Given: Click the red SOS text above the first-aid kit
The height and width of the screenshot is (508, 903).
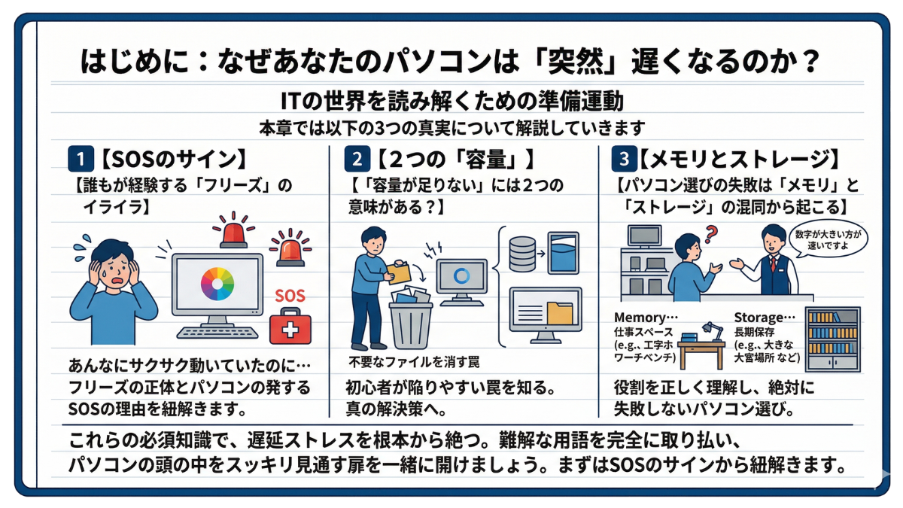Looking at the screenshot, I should [x=290, y=296].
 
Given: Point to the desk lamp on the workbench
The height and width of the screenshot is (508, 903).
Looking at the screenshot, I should [x=710, y=329].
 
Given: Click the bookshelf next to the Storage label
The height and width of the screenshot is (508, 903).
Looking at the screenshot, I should [x=832, y=339].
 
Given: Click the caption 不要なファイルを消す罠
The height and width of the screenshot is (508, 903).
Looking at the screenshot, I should [x=415, y=362].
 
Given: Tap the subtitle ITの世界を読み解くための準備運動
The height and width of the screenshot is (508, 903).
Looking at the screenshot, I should [x=451, y=99].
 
